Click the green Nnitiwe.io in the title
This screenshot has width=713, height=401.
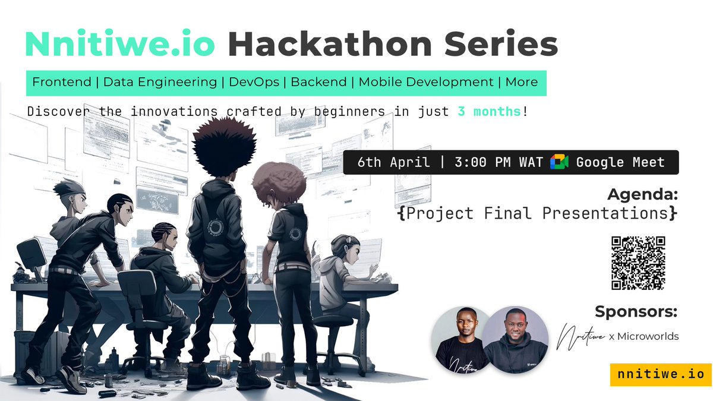pyautogui.click(x=120, y=43)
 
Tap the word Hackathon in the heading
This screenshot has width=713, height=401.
pyautogui.click(x=330, y=43)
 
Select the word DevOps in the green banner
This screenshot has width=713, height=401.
pyautogui.click(x=254, y=82)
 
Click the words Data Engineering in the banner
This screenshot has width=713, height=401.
pyautogui.click(x=160, y=82)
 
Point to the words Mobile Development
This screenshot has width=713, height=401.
pyautogui.click(x=426, y=82)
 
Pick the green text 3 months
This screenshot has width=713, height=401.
pyautogui.click(x=489, y=112)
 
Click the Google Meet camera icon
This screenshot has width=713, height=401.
pyautogui.click(x=559, y=162)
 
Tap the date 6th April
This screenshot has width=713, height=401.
pyautogui.click(x=393, y=162)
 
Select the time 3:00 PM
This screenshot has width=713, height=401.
pyautogui.click(x=482, y=162)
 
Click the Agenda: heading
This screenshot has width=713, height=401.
pyautogui.click(x=642, y=194)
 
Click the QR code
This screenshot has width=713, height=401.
pyautogui.click(x=638, y=263)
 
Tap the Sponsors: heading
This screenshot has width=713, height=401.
pyautogui.click(x=636, y=311)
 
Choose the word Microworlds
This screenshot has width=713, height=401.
pyautogui.click(x=648, y=336)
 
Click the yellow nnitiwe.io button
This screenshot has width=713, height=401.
pyautogui.click(x=661, y=375)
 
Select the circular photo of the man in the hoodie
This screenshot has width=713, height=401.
pyautogui.click(x=515, y=340)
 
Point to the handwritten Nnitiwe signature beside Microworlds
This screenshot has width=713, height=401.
pyautogui.click(x=581, y=337)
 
